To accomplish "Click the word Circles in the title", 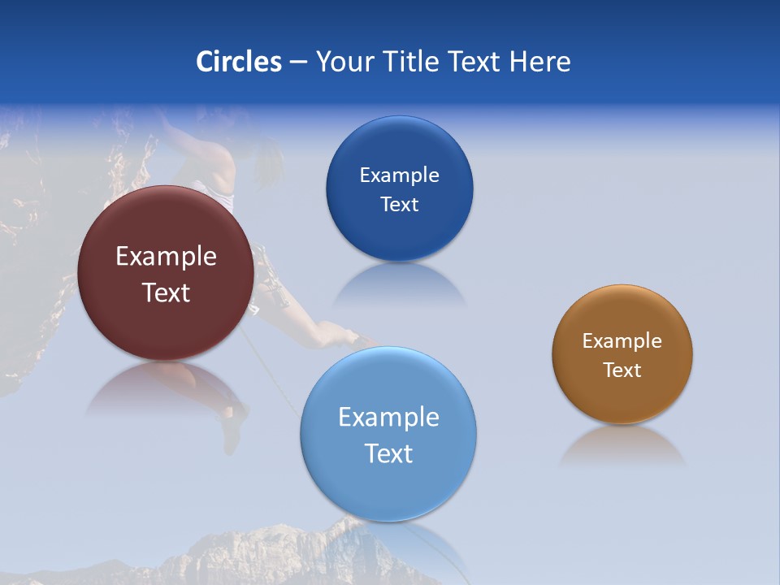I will tap(239, 62).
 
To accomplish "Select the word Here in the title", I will tap(539, 62).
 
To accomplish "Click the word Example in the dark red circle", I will tap(166, 257).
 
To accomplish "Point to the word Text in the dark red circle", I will tap(166, 292).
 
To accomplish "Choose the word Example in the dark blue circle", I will tap(399, 175).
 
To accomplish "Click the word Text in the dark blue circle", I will tap(399, 205).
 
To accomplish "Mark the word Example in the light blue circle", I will tap(388, 418).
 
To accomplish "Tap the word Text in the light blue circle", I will tap(388, 453).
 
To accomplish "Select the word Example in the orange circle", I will tap(622, 341).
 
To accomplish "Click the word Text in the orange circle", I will tap(622, 370).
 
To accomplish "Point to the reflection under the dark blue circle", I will tap(399, 284).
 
